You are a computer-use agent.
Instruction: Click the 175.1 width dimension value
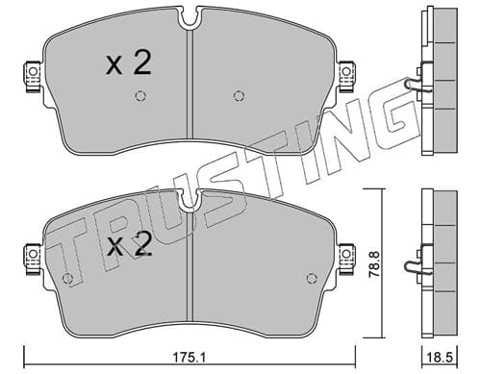point(189,357)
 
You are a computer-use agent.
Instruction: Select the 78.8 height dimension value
point(373,264)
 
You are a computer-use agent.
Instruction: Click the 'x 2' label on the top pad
point(128,63)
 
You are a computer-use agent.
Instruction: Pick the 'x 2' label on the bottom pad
point(129,244)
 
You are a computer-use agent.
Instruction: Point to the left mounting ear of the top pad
point(33,77)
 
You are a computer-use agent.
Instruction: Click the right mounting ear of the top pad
point(346,77)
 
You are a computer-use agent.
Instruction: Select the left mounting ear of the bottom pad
point(33,259)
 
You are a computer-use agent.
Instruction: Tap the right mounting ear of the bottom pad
point(346,259)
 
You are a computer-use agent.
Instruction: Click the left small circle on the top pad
point(140,95)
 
